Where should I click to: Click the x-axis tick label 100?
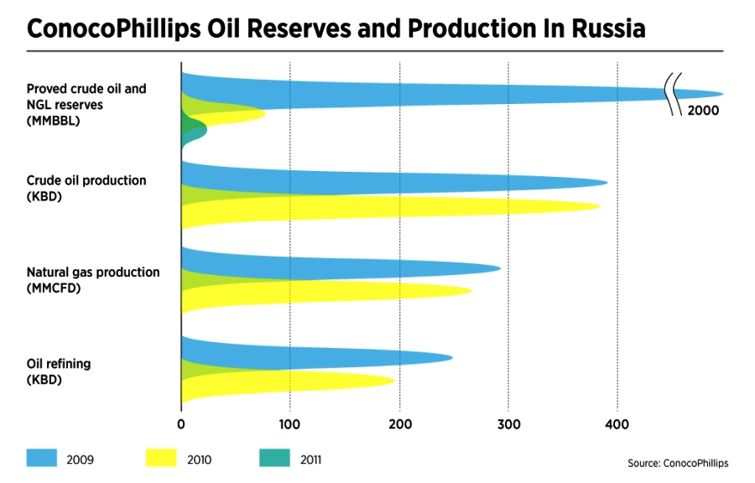coord(289,424)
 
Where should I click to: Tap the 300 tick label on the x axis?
coord(509,424)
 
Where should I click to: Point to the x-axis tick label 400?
coord(617,424)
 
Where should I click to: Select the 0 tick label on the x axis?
coord(181,424)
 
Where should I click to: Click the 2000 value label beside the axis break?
coord(703,111)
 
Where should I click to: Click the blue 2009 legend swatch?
coord(42,458)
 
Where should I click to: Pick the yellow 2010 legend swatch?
coord(161,458)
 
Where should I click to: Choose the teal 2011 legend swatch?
coord(274,458)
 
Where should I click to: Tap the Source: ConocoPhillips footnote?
coord(678,463)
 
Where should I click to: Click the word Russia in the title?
coord(609,29)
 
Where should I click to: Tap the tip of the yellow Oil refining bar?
coord(394,381)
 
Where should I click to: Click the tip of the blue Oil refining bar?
coord(452,357)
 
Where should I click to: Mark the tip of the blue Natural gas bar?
coord(500,269)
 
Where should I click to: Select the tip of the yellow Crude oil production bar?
coord(600,206)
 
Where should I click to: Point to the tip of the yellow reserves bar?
coord(265,114)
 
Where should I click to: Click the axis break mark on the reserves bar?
coord(673,94)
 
